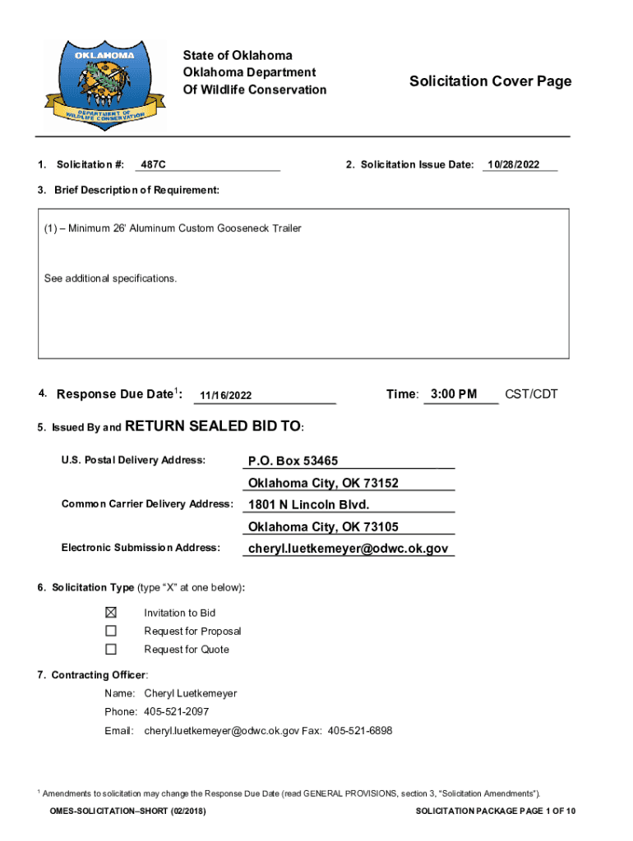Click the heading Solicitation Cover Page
point(490,81)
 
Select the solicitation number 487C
point(154,165)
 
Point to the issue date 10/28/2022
point(513,165)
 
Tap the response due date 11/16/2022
point(225,397)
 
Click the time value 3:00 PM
point(453,394)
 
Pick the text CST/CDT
point(531,394)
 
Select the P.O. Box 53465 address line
point(293,461)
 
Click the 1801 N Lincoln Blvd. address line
point(309,504)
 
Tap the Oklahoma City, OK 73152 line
point(323,483)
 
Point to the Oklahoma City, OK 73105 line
point(323,526)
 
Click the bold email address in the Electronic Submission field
point(349,548)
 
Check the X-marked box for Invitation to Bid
point(111,613)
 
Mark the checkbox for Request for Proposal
point(111,631)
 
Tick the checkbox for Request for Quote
point(111,650)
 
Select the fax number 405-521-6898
point(360,730)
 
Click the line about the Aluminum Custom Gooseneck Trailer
point(173,228)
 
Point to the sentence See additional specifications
point(110,278)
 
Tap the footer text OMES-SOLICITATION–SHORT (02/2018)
point(127,811)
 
